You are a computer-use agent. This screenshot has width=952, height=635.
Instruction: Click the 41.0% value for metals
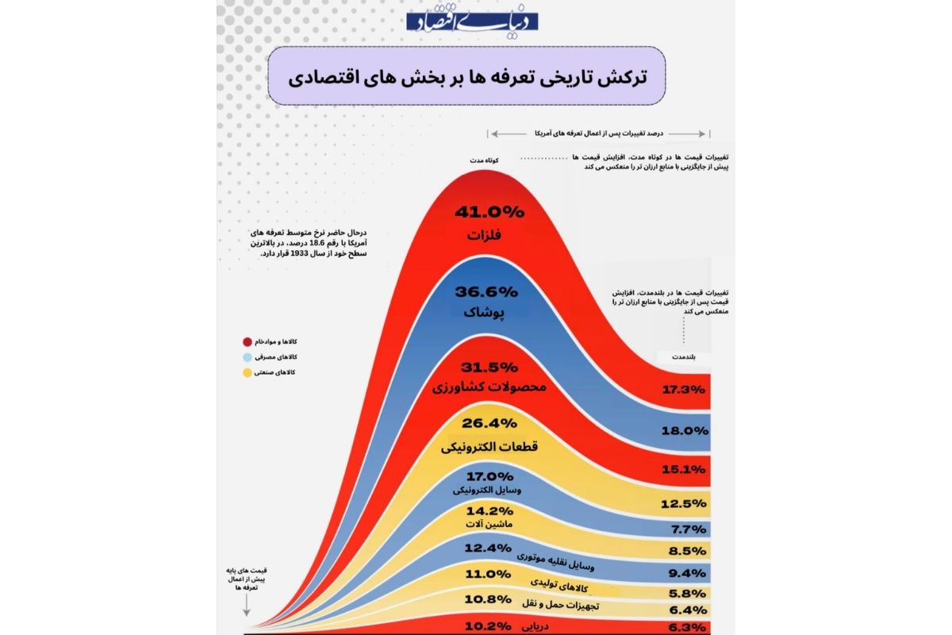[489, 212]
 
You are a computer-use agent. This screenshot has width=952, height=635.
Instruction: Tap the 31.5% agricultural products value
[489, 368]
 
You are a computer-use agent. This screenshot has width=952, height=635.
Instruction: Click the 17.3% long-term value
[683, 390]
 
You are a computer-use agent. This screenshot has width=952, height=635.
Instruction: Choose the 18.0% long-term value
[683, 431]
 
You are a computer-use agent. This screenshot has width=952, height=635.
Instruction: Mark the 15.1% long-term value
[683, 469]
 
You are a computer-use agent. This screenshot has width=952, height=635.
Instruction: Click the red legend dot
[248, 341]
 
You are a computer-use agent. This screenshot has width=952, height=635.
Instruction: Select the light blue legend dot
[248, 357]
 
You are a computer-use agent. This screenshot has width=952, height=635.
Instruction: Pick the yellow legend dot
[248, 372]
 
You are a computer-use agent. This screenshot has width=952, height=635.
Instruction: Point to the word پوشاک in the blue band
[489, 313]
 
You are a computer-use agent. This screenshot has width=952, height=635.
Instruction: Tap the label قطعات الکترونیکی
[489, 448]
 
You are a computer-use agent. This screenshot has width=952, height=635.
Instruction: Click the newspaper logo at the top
[473, 21]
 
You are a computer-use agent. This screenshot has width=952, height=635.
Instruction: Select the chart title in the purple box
[467, 76]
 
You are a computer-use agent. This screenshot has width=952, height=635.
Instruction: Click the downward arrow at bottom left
[247, 608]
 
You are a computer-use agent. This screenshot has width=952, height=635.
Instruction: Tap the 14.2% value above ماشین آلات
[489, 510]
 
